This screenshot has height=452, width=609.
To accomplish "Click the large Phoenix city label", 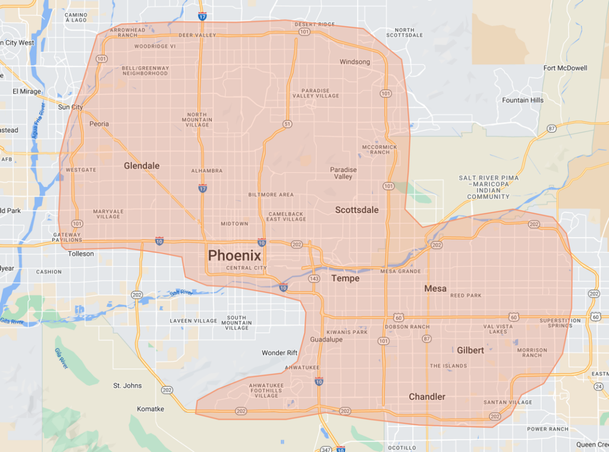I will coord(234,255).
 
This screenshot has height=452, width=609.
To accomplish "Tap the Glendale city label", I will coord(142,166).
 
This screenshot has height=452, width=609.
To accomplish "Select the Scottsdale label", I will coord(357,210).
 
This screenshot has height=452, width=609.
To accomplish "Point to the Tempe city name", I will coord(346,278).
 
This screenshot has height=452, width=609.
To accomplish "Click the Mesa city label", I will coord(435,288).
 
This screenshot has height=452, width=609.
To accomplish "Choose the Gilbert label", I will coord(470,350).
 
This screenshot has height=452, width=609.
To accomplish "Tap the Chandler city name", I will coord(427,397).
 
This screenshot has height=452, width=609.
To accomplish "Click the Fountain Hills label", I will coord(523,100).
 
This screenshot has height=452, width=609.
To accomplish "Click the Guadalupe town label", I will coord(327,339).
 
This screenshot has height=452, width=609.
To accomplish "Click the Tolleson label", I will coord(81,254).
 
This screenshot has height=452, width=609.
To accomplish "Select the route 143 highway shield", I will coord(315,278).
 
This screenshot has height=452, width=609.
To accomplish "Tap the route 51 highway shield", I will coord(288,124).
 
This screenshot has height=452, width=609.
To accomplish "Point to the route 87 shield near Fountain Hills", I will coord(551,128).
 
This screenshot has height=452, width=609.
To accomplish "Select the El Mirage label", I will coord(27,91).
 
